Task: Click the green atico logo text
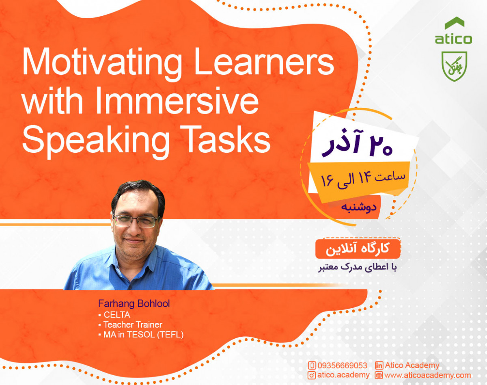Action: point(453,39)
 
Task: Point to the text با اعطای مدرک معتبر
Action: point(358,268)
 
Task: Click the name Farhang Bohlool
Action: point(134,304)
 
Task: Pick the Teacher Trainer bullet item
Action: point(132,324)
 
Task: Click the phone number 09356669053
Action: point(343,365)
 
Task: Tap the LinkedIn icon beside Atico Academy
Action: point(379,365)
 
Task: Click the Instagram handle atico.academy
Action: point(343,375)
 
